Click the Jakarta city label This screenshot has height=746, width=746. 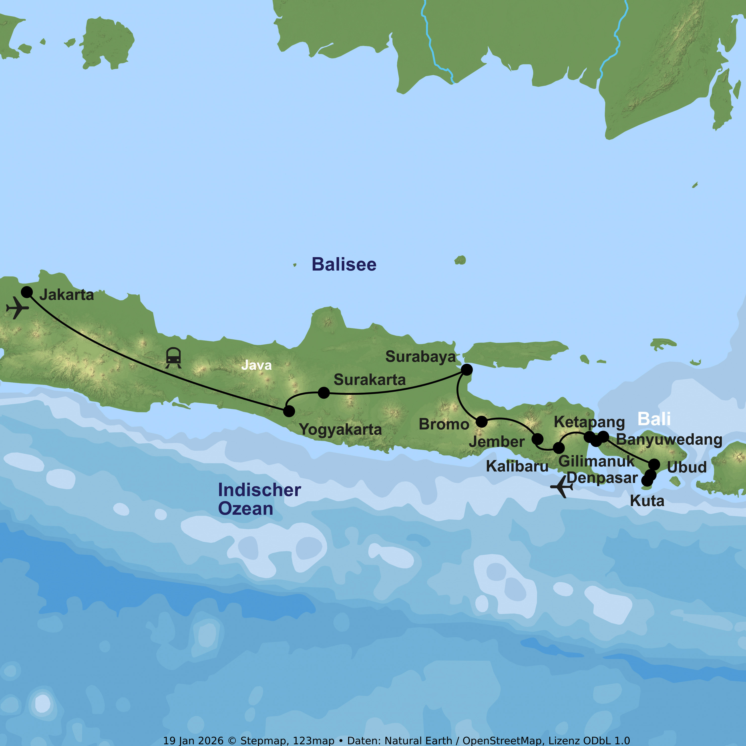pos(66,295)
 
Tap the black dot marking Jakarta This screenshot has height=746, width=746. pos(27,292)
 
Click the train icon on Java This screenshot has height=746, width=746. pos(173,358)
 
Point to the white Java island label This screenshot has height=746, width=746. pos(256,365)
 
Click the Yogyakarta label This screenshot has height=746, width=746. pos(340,430)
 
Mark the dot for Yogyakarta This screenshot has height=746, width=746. pos(289,411)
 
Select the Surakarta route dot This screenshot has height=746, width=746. pos(324,393)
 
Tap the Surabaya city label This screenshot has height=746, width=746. pos(420,357)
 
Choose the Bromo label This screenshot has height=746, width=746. pos(444,424)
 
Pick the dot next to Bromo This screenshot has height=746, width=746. pos(481,422)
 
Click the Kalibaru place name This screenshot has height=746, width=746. pos(517,466)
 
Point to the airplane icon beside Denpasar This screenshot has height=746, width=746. pos(562,487)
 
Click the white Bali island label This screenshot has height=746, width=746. pos(654,419)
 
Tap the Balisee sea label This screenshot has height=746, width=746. pos(344,265)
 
